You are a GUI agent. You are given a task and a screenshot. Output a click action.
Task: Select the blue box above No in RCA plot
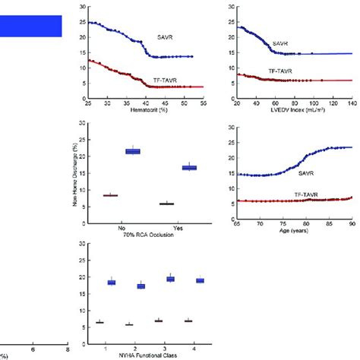(133, 151)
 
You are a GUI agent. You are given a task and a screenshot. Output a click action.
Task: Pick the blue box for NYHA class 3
(170, 279)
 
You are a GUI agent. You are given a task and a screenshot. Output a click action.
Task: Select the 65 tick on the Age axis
(237, 225)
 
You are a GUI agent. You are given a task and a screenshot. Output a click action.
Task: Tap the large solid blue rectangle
(30, 26)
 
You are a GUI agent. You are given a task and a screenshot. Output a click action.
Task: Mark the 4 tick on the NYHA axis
(200, 346)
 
